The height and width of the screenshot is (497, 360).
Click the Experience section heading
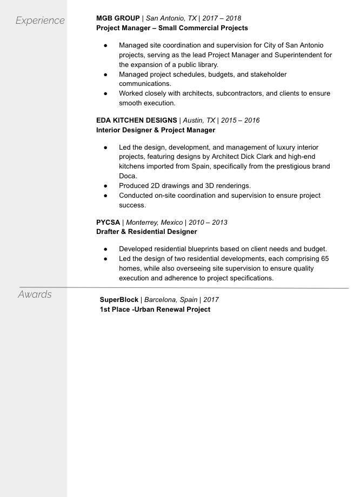[40, 21]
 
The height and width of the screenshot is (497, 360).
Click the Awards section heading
[35, 294]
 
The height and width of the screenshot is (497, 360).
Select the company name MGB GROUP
[118, 18]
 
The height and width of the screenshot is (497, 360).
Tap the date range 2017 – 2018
[222, 18]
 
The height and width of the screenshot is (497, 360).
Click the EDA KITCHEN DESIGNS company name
[136, 120]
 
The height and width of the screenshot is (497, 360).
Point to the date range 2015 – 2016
[240, 120]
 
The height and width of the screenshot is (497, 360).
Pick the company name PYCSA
[108, 222]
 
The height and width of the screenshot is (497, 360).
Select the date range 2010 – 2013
[208, 222]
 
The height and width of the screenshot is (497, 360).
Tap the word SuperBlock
[119, 299]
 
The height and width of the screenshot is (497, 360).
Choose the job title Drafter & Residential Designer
[146, 232]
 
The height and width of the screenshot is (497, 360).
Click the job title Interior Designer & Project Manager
[156, 130]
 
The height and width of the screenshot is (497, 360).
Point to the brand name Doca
[128, 176]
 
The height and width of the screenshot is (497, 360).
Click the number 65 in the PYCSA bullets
[324, 259]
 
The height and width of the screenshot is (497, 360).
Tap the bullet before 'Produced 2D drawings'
[106, 186]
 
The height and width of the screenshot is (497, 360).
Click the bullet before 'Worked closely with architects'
[106, 93]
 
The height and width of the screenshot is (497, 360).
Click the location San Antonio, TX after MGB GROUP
[171, 18]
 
